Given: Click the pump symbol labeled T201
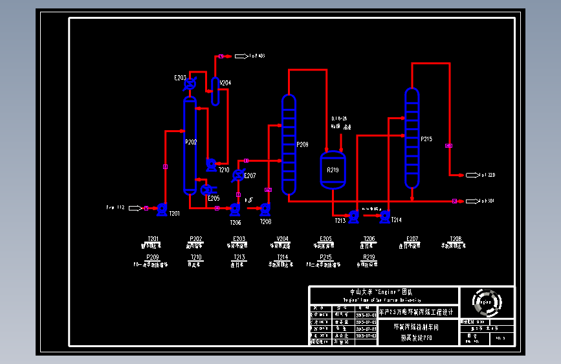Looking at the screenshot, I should click(162, 209).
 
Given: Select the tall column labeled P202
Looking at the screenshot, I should click(190, 146).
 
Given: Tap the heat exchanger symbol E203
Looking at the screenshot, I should click(190, 84).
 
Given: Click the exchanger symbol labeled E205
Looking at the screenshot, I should click(205, 190).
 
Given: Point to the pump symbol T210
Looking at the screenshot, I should click(211, 165).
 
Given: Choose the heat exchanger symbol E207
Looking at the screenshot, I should click(238, 175).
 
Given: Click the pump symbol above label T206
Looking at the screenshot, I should click(235, 209).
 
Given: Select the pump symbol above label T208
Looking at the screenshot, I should click(265, 209).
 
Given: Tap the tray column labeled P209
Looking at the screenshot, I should click(289, 145).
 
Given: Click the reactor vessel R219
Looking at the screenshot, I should click(333, 170).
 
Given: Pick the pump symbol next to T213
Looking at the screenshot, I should click(353, 216).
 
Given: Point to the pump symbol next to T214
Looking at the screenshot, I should click(385, 216).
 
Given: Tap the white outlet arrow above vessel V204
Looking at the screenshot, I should click(239, 56).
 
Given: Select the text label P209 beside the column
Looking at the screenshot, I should click(303, 144).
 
